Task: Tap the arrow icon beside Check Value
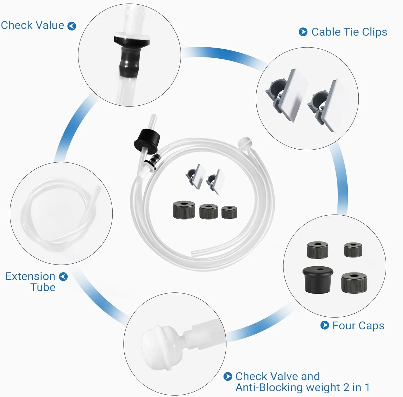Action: (x=72, y=26)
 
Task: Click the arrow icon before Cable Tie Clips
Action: (x=303, y=32)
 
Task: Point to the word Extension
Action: (x=30, y=276)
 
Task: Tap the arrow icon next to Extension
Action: (x=63, y=277)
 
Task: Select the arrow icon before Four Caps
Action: (x=325, y=325)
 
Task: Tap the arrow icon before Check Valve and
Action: (x=228, y=377)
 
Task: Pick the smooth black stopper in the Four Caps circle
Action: (x=318, y=280)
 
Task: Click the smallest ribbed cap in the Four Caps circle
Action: (x=353, y=250)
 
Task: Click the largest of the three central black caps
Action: (x=184, y=209)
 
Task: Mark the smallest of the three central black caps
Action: (x=229, y=212)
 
